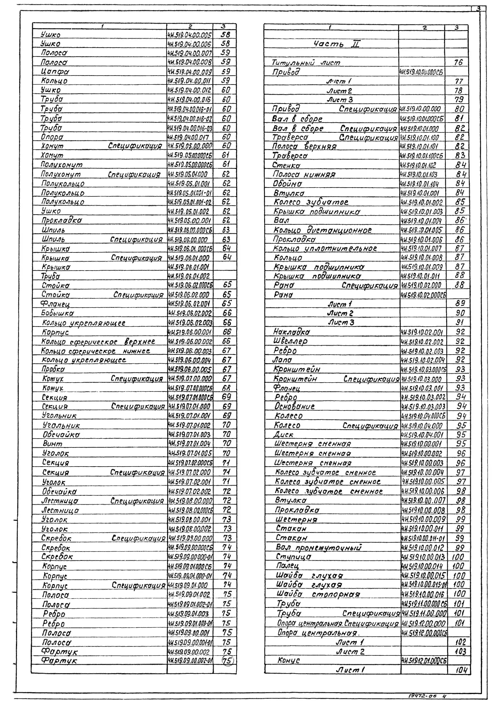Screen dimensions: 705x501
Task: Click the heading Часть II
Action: coord(336,44)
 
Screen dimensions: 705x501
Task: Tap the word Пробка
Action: coord(53,369)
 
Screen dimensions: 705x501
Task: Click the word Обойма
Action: coord(288,184)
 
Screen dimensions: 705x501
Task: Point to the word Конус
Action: coord(288,660)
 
